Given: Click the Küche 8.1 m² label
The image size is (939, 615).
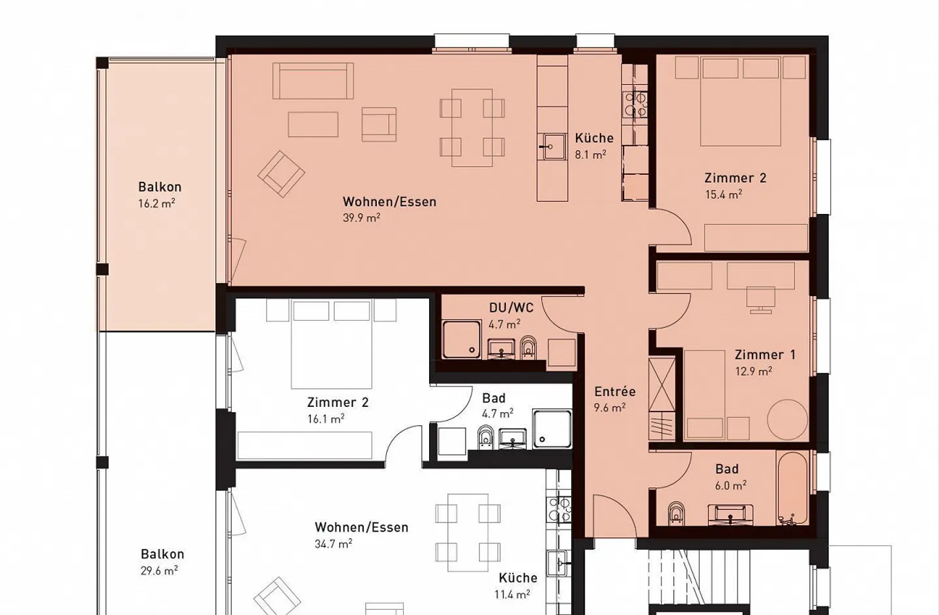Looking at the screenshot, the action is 594,146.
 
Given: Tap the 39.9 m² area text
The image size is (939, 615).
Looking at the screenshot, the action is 361,218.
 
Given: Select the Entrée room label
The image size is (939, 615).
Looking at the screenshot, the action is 615,391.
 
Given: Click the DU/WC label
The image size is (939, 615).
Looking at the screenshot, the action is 511,308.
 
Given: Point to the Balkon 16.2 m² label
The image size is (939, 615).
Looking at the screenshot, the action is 160,195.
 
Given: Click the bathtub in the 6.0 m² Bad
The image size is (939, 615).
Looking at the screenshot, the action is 792,488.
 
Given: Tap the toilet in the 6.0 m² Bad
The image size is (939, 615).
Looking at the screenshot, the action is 676,513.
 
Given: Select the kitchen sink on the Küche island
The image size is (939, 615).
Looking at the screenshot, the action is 554,147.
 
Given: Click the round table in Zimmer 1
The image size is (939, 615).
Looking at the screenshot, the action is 788,419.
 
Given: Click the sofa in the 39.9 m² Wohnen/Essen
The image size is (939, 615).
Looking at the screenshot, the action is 313,81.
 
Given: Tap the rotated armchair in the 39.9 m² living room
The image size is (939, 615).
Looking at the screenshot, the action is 281,174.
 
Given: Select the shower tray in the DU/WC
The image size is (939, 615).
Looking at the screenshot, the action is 462,340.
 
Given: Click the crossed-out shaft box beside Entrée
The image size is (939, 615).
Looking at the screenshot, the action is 661,384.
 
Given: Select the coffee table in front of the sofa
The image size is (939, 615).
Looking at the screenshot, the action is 313,124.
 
